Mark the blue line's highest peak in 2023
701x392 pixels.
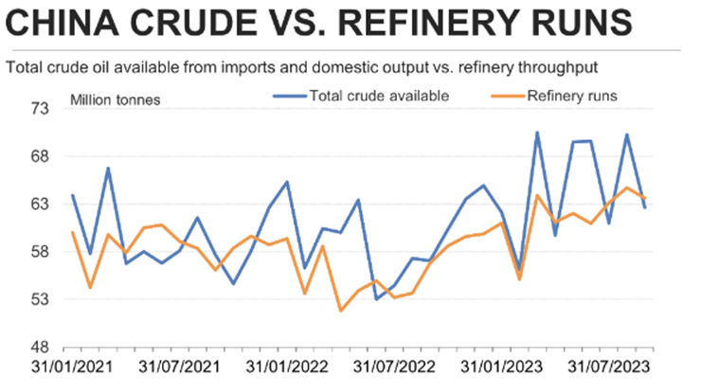click(x=537, y=133)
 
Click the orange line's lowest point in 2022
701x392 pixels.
click(x=340, y=311)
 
